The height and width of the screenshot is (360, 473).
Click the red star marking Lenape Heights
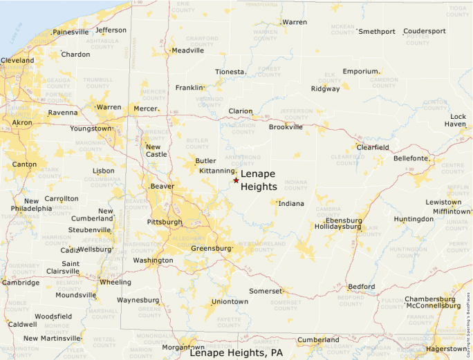tap(236, 180)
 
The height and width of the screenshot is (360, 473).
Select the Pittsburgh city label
tap(165, 222)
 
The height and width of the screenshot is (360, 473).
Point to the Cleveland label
tap(17, 61)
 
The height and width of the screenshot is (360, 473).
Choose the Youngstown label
tap(90, 129)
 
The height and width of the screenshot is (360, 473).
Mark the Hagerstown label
tap(445, 349)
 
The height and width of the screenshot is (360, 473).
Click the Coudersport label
tap(425, 31)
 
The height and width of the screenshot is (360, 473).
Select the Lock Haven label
tap(458, 120)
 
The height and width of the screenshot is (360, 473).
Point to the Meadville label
tap(187, 50)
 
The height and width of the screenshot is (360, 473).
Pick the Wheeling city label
tap(115, 282)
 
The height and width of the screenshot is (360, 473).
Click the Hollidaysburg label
tap(338, 226)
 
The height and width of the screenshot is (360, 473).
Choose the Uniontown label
tap(230, 302)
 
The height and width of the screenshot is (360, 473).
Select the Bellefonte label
tap(411, 158)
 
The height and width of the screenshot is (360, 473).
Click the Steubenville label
tap(89, 230)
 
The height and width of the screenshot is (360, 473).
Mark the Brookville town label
tap(286, 127)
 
